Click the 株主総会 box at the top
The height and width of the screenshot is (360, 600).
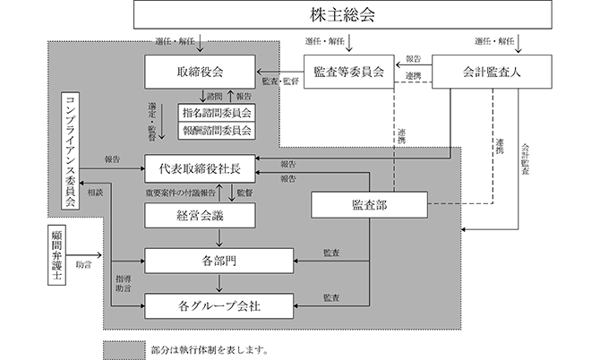click(x=345, y=16)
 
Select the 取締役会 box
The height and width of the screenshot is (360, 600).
click(x=200, y=72)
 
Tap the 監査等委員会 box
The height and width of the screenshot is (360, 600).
click(x=349, y=72)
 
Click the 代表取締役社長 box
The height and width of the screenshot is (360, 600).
click(x=200, y=168)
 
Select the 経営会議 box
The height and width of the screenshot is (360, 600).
click(x=200, y=215)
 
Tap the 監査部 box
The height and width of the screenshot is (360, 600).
click(x=369, y=205)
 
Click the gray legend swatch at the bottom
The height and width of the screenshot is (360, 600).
click(x=124, y=347)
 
